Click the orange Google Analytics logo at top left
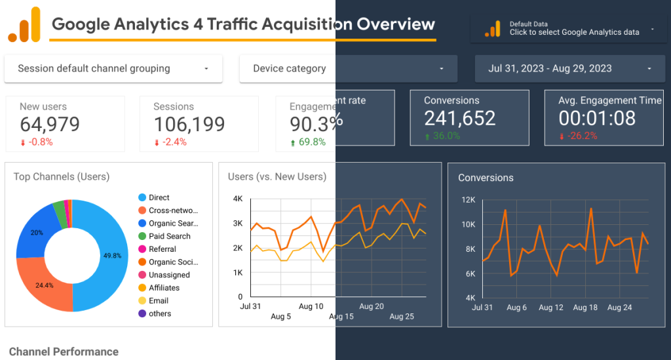coord(24,25)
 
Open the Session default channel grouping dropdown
coord(113,68)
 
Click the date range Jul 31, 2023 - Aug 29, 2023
coord(570,68)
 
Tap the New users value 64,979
coord(50,124)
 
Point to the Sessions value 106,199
coord(189,124)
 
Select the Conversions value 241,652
coord(459,118)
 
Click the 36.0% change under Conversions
coord(446,136)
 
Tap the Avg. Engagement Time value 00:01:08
coord(597,118)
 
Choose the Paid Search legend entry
coord(169,236)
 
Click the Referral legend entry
coord(162,249)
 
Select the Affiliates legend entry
coord(164,288)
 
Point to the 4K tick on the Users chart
coord(238,199)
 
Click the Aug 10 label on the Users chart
coord(311,306)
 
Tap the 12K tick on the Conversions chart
coord(467,199)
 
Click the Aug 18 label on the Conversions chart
coord(585,308)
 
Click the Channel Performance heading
coord(64,352)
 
